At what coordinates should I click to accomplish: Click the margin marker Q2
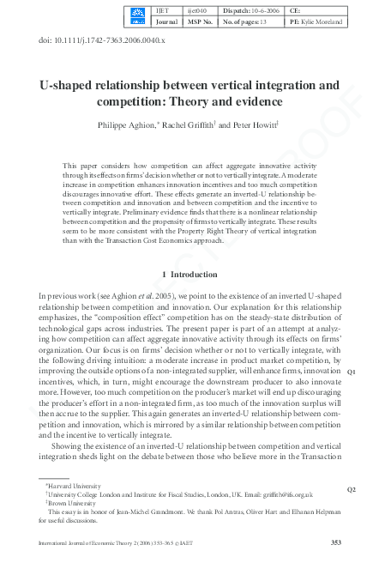(351, 489)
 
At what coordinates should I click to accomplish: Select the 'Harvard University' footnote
(76, 486)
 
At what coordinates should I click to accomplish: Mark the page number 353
(336, 542)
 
